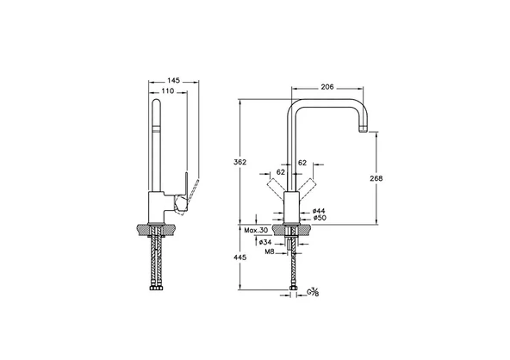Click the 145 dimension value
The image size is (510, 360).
pyautogui.click(x=174, y=80)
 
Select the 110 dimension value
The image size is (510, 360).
pyautogui.click(x=168, y=91)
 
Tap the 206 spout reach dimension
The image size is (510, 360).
pyautogui.click(x=327, y=87)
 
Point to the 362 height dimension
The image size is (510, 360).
pyautogui.click(x=240, y=162)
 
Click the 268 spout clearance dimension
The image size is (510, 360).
pyautogui.click(x=376, y=178)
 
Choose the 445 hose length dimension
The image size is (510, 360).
pyautogui.click(x=240, y=258)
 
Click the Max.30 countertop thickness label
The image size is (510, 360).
pyautogui.click(x=256, y=230)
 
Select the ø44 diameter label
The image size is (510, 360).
pyautogui.click(x=319, y=211)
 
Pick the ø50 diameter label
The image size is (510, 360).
pyautogui.click(x=320, y=218)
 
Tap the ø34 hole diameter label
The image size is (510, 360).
pyautogui.click(x=265, y=242)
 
